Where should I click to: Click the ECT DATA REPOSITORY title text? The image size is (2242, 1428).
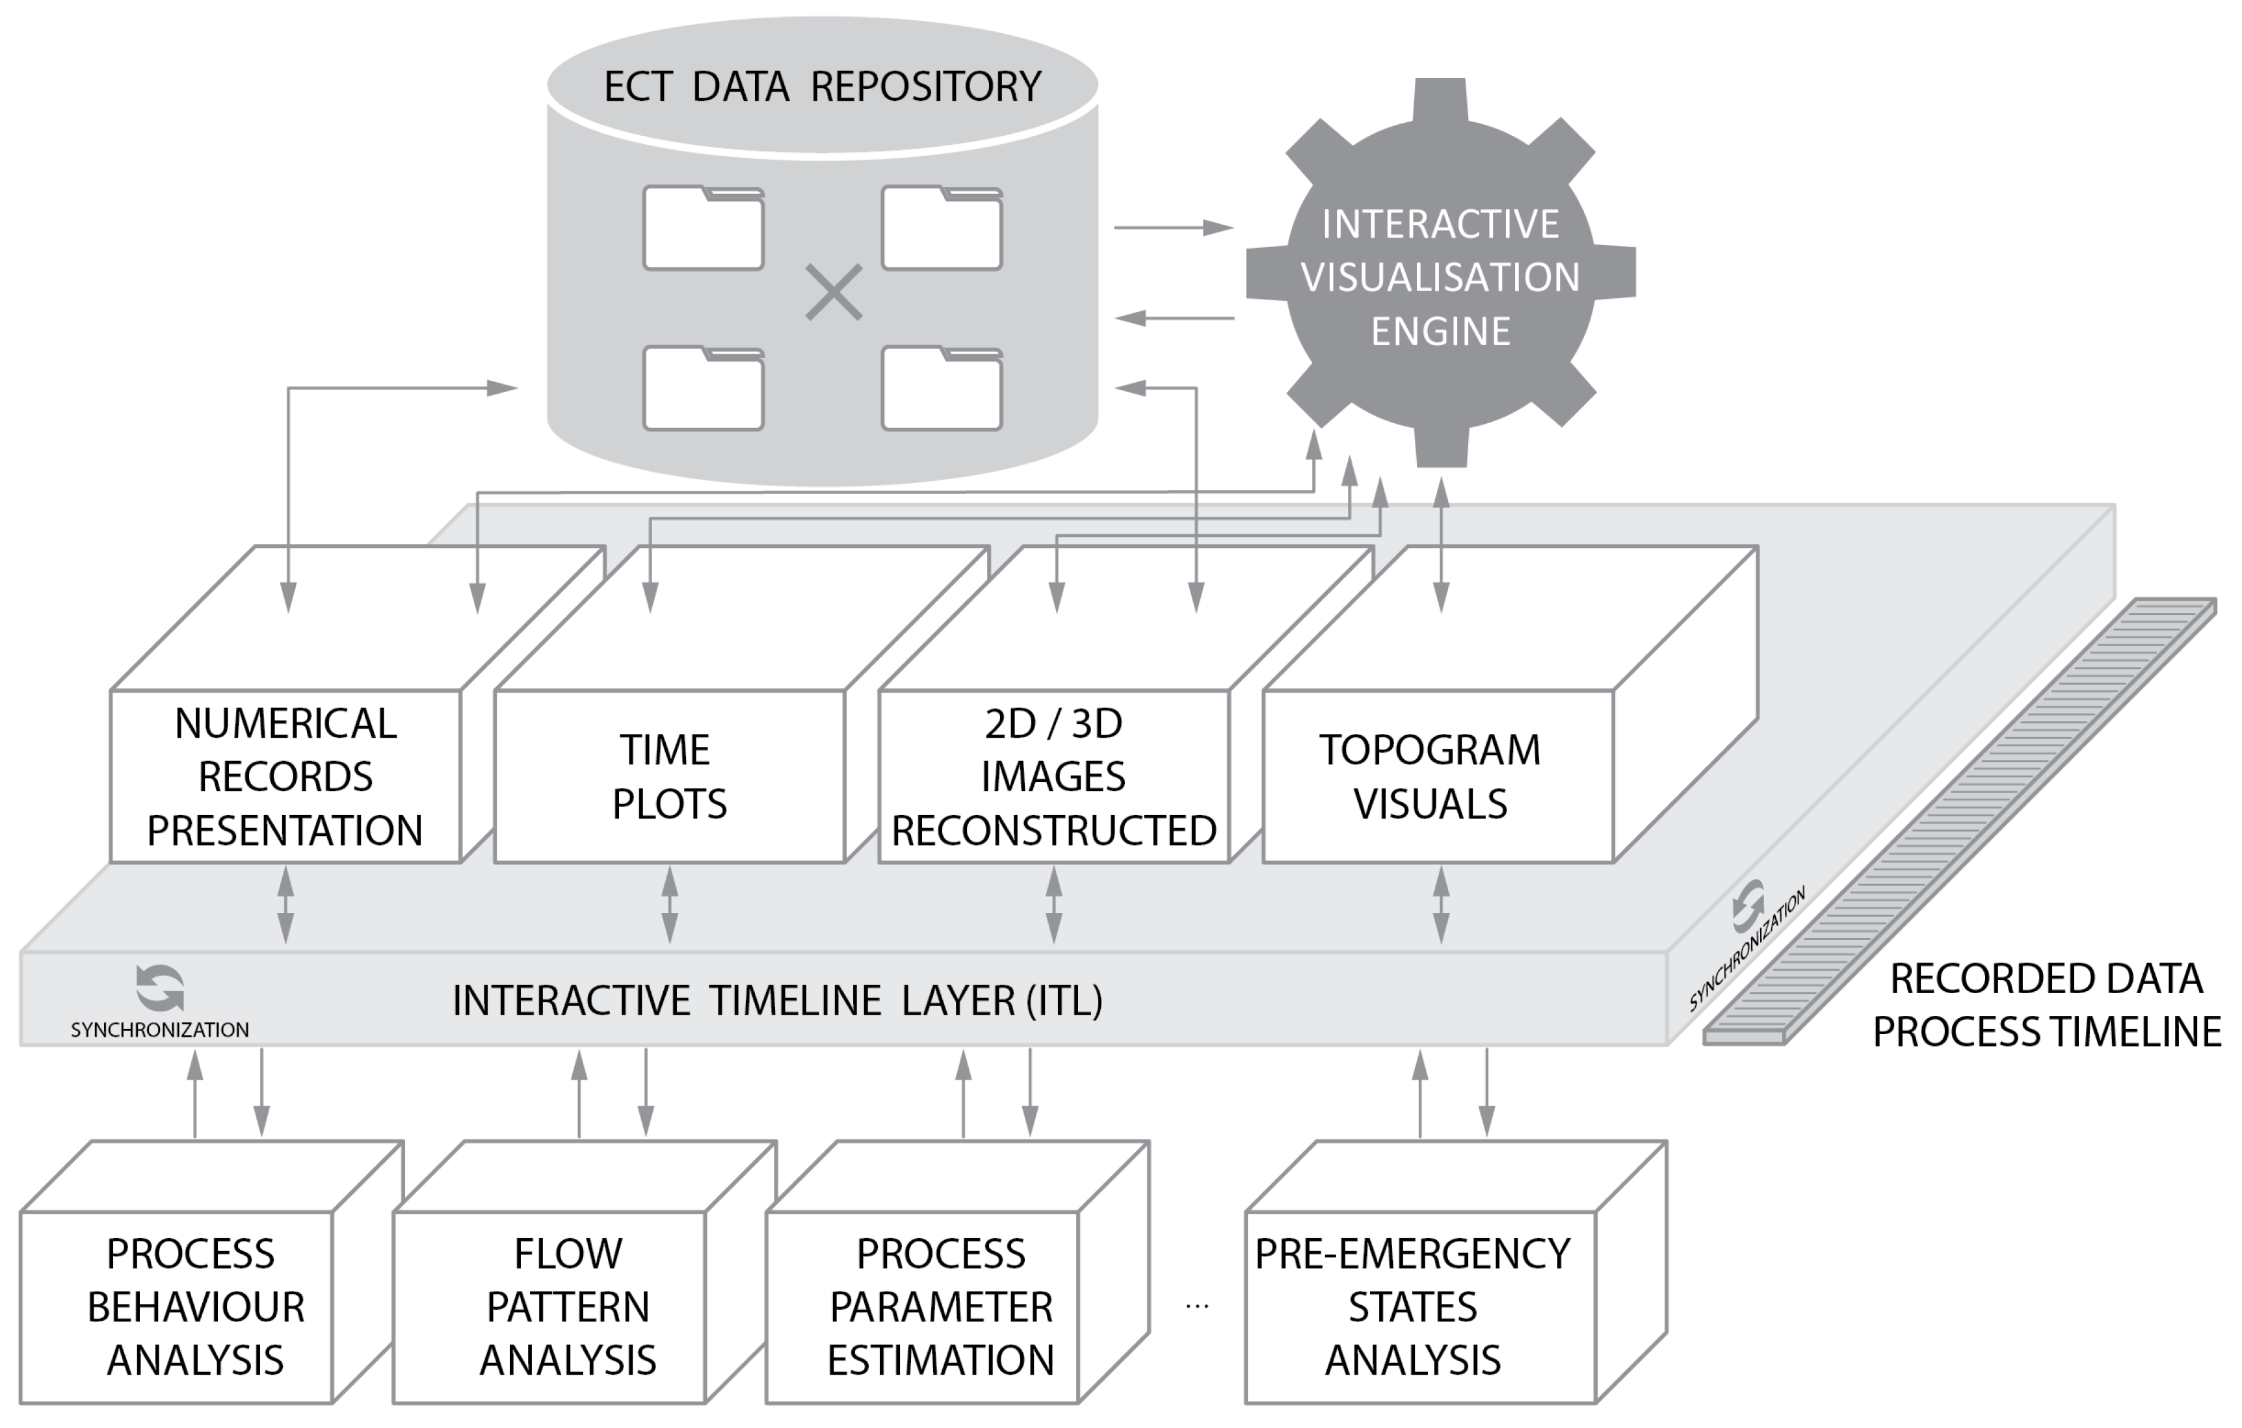click(822, 86)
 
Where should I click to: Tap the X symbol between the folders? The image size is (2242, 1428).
click(834, 292)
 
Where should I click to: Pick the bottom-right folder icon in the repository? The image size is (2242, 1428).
click(942, 389)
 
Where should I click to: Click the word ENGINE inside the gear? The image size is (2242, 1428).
click(1440, 331)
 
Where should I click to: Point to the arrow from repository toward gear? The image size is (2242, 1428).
click(1173, 227)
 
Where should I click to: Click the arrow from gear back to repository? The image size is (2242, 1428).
click(1173, 318)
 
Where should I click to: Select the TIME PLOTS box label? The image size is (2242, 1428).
click(668, 776)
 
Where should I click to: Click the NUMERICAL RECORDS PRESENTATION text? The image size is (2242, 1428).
click(285, 776)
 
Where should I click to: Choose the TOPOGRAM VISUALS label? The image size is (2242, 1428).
click(1430, 776)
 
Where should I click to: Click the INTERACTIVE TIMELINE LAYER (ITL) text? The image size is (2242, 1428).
click(778, 1001)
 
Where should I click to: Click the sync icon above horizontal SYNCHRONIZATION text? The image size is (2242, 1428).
click(160, 988)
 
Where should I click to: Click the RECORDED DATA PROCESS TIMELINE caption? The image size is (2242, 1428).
click(2046, 1006)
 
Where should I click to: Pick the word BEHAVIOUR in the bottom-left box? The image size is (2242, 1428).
click(196, 1307)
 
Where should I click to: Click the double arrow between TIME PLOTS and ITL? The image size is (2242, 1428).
click(670, 906)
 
